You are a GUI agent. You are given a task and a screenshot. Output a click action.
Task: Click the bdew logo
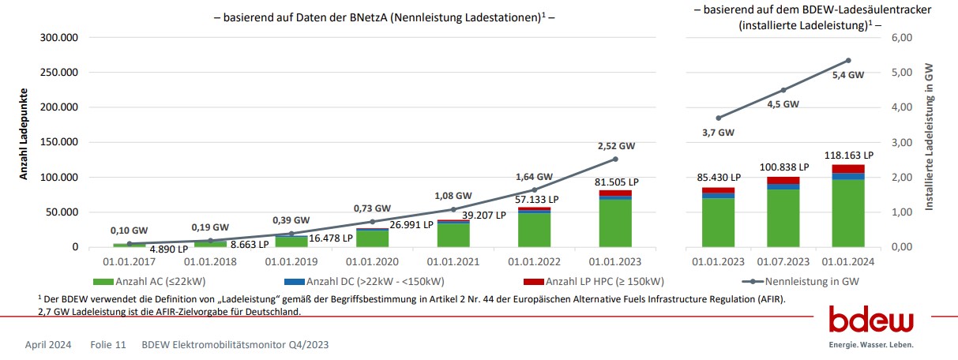(870, 322)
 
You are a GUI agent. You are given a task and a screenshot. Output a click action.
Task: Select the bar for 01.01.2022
(534, 228)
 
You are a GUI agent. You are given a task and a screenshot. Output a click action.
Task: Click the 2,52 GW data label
(616, 146)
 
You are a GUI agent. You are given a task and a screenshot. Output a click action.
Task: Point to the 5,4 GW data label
(848, 75)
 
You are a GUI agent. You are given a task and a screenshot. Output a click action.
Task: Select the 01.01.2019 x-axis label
(291, 260)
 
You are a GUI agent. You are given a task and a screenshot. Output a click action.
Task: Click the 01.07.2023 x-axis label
(783, 260)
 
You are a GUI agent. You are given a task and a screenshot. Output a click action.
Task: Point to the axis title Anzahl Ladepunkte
(24, 134)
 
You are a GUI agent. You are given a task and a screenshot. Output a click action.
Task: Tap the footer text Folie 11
(108, 345)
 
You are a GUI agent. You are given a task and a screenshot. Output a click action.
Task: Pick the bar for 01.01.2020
(372, 237)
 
